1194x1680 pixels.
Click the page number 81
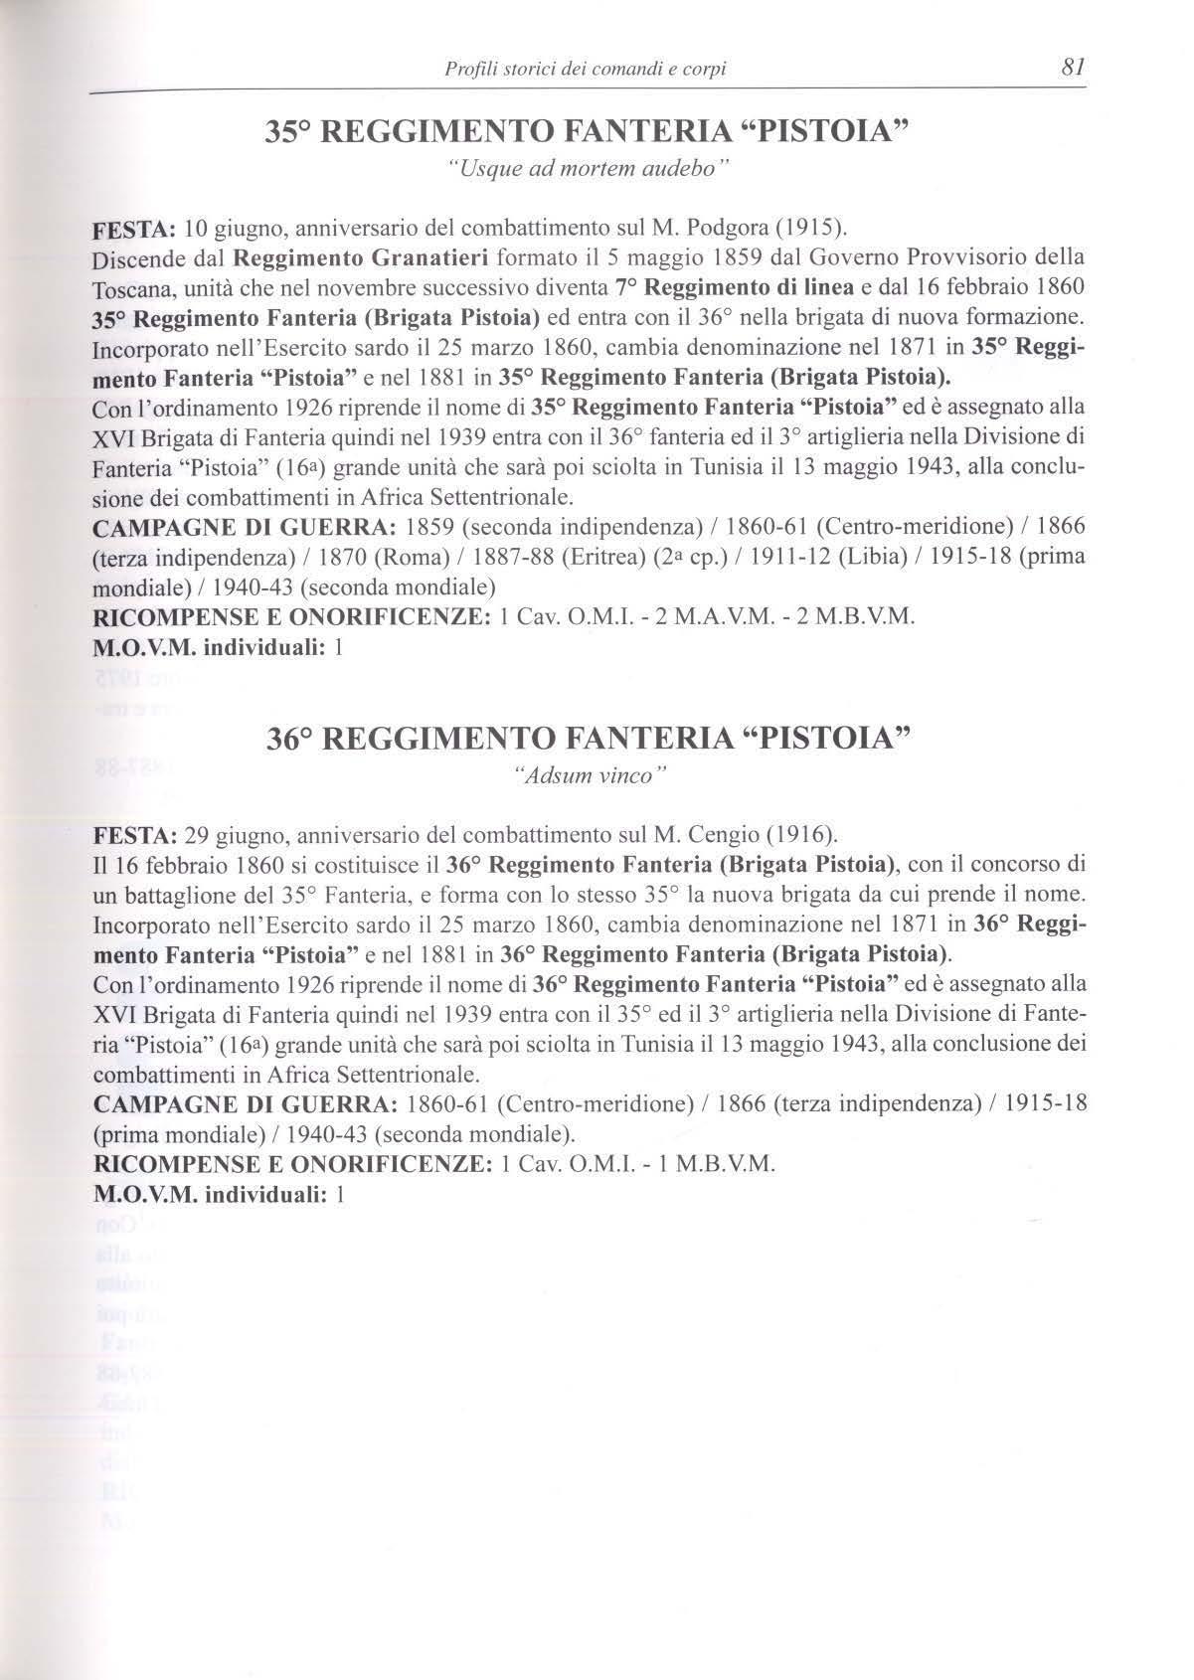click(x=1071, y=68)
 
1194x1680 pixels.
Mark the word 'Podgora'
click(x=711, y=232)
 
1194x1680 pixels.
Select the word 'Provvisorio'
click(x=953, y=258)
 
